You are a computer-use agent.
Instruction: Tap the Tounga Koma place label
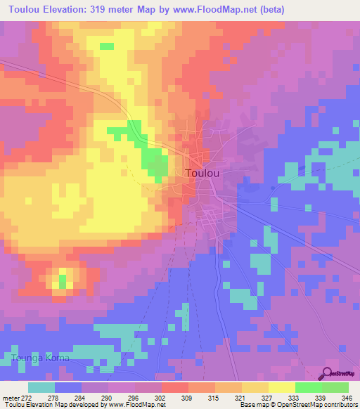point(40,358)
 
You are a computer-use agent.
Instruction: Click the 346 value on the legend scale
point(345,396)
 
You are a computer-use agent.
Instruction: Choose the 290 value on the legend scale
point(107,396)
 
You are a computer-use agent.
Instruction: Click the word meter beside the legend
point(10,396)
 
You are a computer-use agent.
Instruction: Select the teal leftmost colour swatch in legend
point(41,387)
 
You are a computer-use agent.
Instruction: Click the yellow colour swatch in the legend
point(281,387)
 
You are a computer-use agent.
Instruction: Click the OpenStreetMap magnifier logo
point(327,373)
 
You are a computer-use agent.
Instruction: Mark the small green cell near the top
point(106,46)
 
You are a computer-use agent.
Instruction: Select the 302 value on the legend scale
point(160,396)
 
